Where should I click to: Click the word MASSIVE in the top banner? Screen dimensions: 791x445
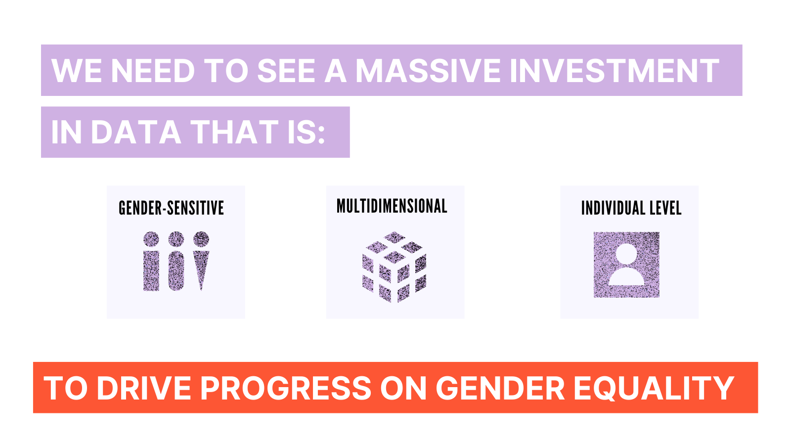[x=428, y=71]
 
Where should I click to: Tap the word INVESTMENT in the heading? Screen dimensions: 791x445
[x=615, y=71]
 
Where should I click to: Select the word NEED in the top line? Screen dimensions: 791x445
[x=153, y=71]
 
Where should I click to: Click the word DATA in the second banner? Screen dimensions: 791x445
[x=136, y=132]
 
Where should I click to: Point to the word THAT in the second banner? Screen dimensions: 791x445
[x=235, y=132]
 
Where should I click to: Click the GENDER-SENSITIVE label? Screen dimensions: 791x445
[x=171, y=208]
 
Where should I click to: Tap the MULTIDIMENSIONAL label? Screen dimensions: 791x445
[x=392, y=206]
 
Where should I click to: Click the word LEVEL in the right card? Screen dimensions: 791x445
[x=665, y=208]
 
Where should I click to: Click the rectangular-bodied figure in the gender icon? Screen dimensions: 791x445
[x=151, y=261]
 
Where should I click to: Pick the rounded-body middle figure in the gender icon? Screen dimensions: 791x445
[x=176, y=261]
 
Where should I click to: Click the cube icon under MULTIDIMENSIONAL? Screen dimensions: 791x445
[x=394, y=267]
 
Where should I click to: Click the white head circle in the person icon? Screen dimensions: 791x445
[x=626, y=254]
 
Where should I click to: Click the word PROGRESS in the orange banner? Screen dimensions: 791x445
[x=286, y=388]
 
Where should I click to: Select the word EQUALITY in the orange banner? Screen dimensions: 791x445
[x=654, y=388]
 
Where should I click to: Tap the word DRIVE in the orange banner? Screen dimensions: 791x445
[x=144, y=388]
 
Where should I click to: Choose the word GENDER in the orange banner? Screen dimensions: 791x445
[x=500, y=388]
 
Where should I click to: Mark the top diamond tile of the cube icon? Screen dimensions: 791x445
[x=395, y=237]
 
